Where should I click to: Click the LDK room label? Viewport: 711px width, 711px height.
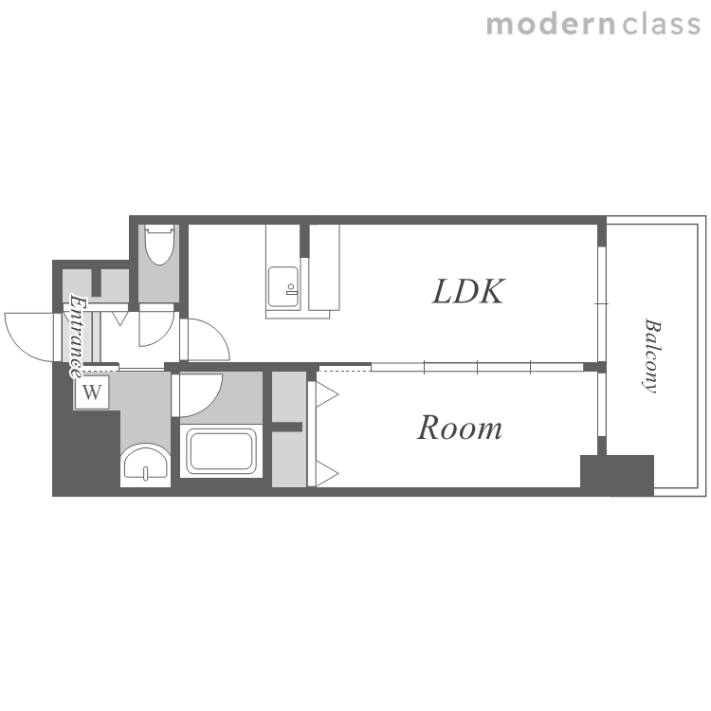point(468,291)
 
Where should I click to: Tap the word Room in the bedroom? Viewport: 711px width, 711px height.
point(460,428)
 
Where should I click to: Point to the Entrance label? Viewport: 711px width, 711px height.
point(77,337)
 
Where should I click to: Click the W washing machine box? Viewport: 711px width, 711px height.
point(92,392)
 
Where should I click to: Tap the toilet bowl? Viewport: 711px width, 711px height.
point(159,245)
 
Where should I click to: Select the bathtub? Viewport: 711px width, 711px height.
point(221,450)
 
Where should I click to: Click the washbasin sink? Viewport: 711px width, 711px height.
point(146,465)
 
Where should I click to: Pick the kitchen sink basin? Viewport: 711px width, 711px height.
point(283,287)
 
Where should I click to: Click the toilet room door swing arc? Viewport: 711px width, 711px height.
point(164,336)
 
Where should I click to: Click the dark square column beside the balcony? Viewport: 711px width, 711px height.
point(617,475)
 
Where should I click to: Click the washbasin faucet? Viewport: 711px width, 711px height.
point(145,473)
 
